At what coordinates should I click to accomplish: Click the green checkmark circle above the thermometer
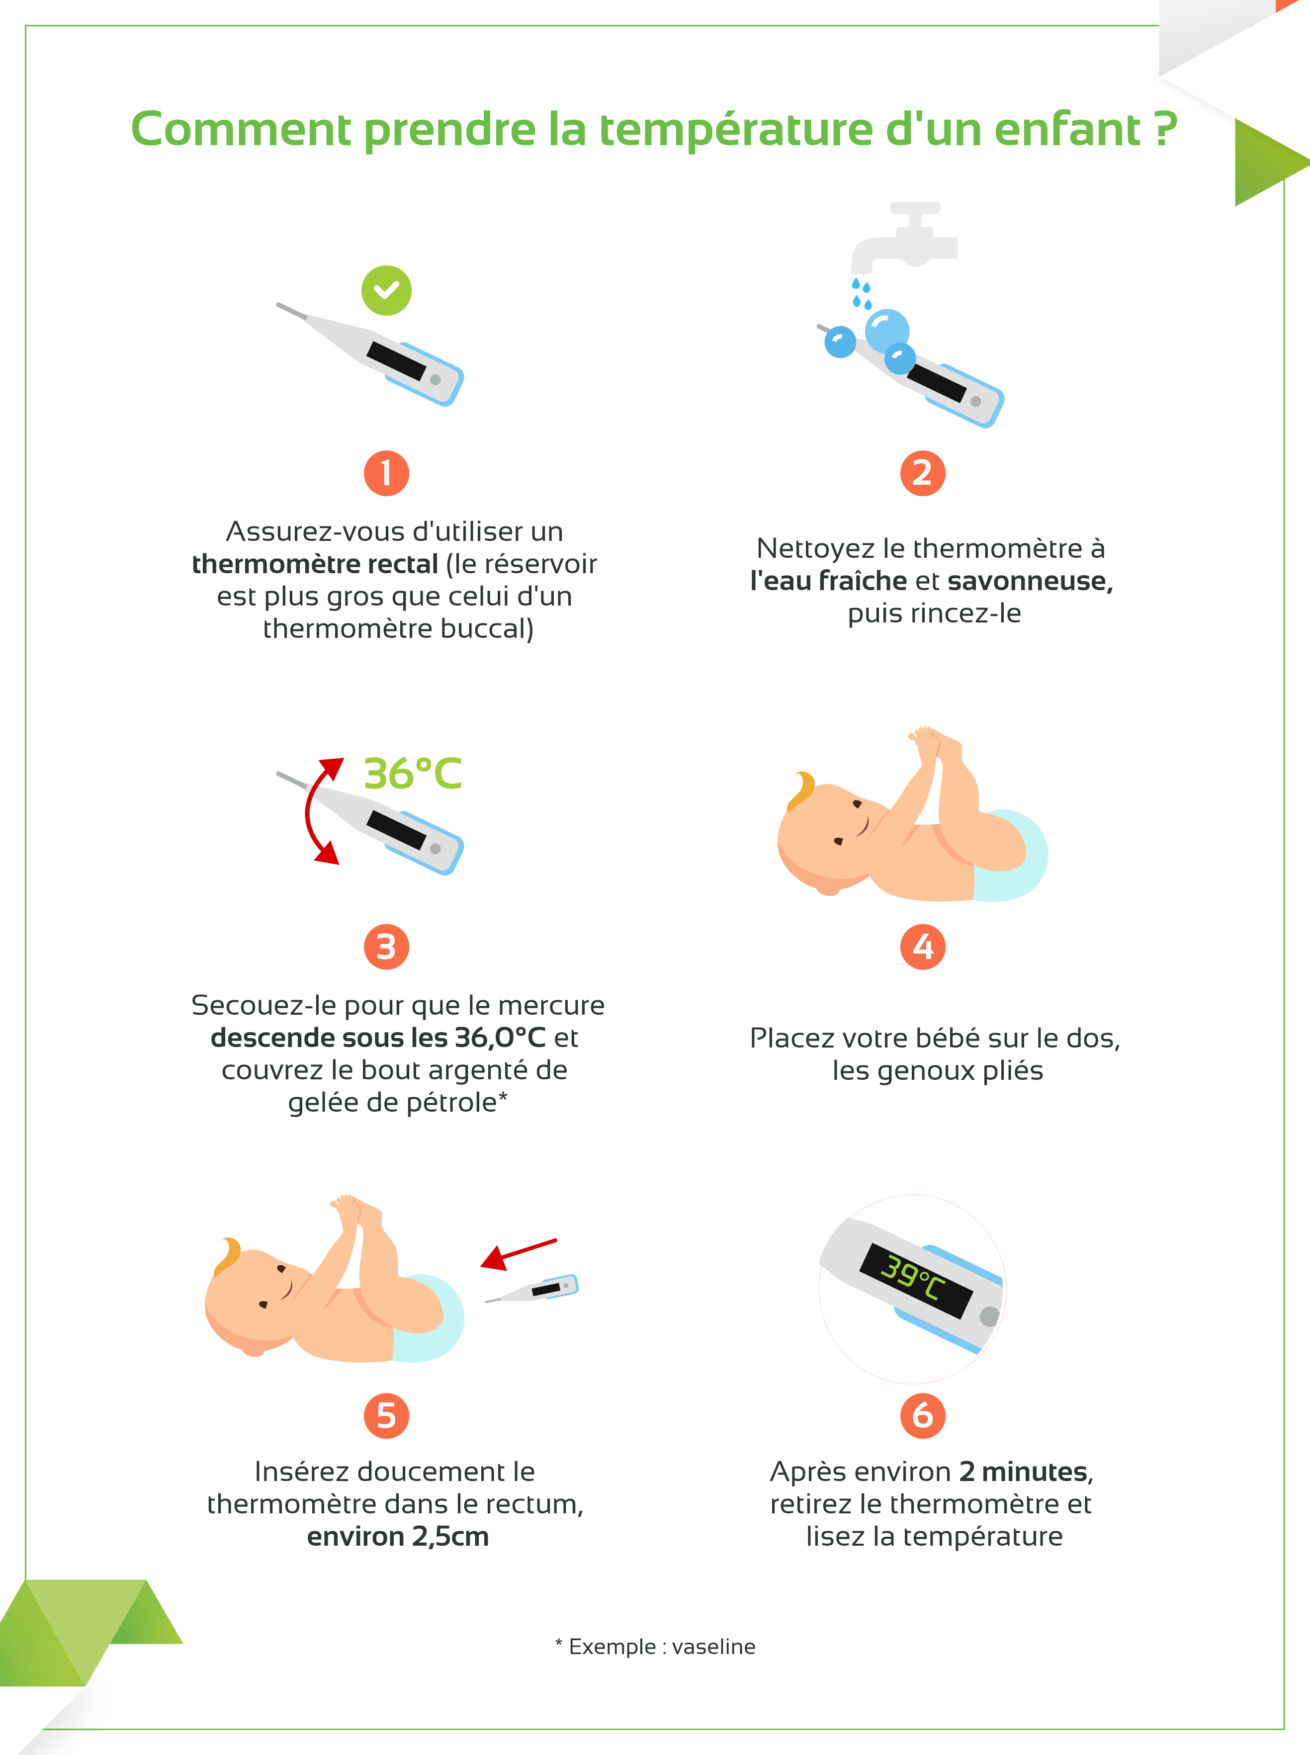tap(386, 290)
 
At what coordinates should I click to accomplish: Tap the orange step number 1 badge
tap(386, 473)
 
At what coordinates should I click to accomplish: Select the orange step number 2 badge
tap(922, 473)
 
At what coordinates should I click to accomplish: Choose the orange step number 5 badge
tap(386, 1415)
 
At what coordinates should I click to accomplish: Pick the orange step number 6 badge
tap(922, 1415)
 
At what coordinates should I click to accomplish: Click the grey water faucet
tap(908, 238)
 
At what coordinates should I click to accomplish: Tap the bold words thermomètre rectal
tap(315, 564)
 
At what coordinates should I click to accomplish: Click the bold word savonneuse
tap(1030, 581)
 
